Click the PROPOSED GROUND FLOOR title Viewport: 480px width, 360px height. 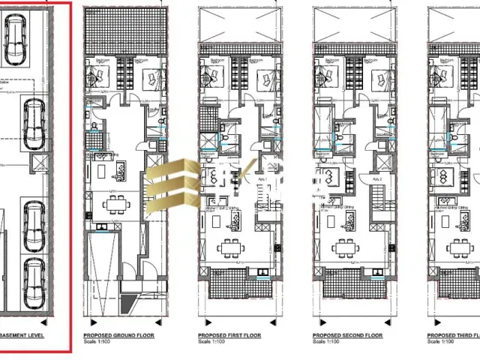tap(118, 335)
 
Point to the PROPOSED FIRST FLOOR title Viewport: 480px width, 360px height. tap(229, 335)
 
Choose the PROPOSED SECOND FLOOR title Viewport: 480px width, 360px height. tap(347, 335)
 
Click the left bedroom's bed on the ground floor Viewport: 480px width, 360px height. tap(100, 73)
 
